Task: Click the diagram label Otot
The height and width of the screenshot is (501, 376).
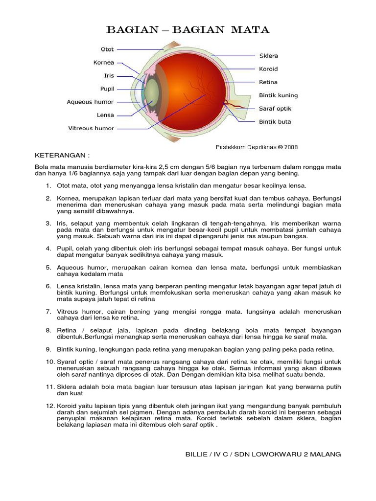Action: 107,49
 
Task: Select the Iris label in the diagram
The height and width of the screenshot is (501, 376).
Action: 109,76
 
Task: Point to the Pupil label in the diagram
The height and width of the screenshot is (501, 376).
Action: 107,89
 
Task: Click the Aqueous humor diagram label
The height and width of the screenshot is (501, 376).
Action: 90,102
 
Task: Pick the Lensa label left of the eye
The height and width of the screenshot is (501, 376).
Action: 105,115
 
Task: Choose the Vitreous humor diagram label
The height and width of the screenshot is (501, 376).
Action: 91,128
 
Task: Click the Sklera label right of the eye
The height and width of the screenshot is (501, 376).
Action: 268,56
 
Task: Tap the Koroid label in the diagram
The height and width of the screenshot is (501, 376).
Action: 269,69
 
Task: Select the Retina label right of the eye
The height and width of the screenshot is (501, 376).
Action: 268,82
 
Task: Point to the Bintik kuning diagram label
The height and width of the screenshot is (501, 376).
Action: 278,95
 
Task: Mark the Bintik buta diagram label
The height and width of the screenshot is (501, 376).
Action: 275,122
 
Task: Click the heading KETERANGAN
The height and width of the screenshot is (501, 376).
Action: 62,156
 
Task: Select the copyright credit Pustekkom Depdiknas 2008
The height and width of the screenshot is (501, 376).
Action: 257,146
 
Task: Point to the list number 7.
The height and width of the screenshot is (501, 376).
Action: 48,312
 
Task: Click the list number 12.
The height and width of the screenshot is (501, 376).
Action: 50,406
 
